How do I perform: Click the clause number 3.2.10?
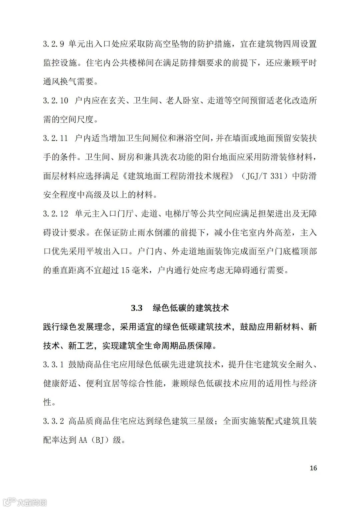(55, 100)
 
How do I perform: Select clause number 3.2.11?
(55, 138)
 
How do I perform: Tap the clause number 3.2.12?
(55, 214)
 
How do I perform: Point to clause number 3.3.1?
(53, 364)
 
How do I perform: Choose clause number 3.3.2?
(53, 421)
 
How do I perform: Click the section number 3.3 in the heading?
(137, 308)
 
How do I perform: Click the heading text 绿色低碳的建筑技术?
(191, 308)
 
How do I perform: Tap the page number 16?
(313, 468)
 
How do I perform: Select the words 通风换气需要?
(69, 81)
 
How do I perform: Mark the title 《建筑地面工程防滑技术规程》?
(176, 176)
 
